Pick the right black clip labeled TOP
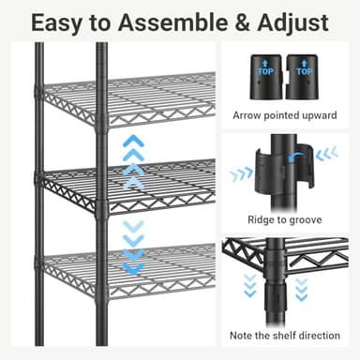(x=302, y=78)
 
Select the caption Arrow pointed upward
(x=285, y=116)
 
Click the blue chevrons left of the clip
(x=241, y=173)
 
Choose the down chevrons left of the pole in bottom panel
(x=248, y=285)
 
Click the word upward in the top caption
(x=317, y=116)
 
